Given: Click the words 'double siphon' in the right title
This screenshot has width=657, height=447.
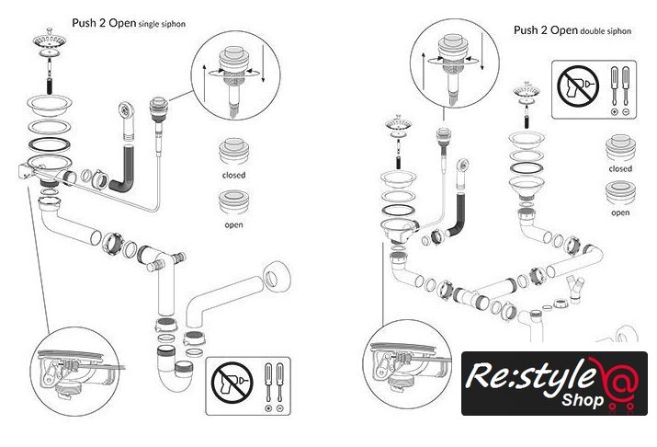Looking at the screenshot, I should [x=607, y=30].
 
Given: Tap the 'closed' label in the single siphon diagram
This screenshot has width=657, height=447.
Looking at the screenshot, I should [x=233, y=175].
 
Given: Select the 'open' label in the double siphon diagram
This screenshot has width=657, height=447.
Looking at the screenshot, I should [x=620, y=212].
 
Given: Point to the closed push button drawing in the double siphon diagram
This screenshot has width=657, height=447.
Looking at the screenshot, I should [x=620, y=150].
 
